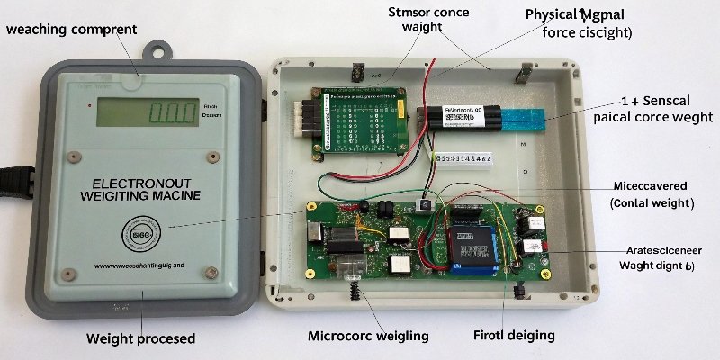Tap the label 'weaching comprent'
click(x=71, y=30)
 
